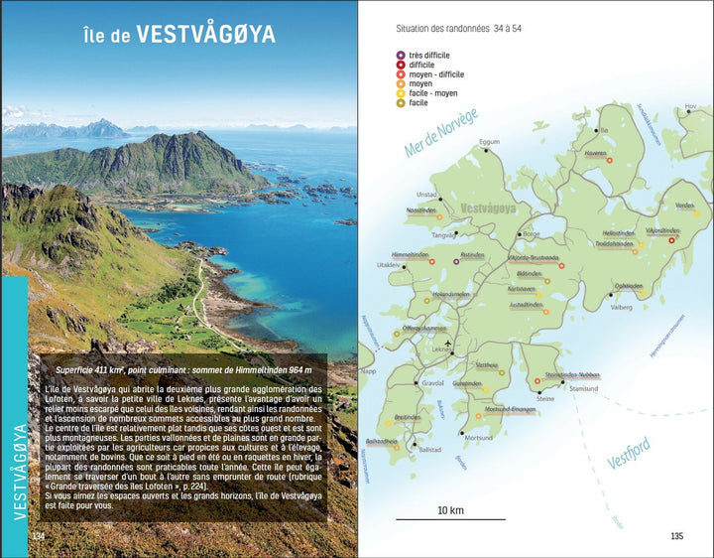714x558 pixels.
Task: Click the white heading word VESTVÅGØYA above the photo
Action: coord(205,35)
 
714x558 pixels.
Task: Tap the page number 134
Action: coord(39,536)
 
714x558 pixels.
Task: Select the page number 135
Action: coord(677,536)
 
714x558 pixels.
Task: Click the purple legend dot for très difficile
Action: coord(400,55)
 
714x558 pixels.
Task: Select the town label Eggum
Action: coord(489,142)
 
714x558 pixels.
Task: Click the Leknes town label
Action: coord(442,350)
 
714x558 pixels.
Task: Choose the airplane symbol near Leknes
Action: coord(449,343)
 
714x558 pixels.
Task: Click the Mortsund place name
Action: coord(479,438)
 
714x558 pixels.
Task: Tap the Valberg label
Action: coord(620,308)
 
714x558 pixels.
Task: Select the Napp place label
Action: coord(370,369)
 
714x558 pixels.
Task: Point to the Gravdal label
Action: coord(432,382)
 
